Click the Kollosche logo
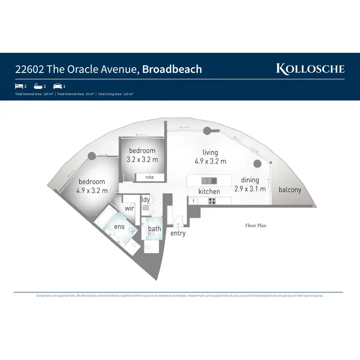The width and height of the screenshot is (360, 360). point(310,69)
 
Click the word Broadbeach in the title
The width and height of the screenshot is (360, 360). point(172,69)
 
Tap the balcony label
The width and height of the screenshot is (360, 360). point(290,190)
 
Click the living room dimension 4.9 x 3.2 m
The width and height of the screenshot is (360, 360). point(210,161)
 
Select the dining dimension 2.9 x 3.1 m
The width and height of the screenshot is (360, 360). point(250,189)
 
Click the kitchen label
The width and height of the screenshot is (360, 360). point(209,192)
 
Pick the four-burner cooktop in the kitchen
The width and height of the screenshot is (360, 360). point(211,201)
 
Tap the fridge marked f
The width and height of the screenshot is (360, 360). point(192,201)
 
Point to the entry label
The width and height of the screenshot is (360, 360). point(178,233)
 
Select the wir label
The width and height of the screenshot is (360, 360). point(129,209)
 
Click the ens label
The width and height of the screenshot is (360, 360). point(119,226)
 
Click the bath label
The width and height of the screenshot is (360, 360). point(155,228)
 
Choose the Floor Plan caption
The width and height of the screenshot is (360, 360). point(255,225)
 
